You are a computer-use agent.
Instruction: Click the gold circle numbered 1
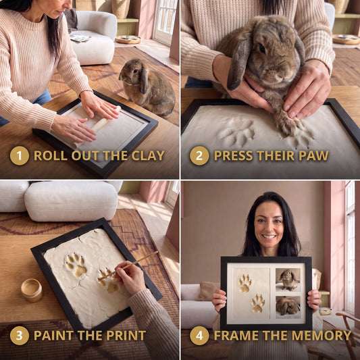click(20, 155)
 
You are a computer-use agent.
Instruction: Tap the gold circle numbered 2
click(199, 155)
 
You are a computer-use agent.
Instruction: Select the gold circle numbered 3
click(20, 336)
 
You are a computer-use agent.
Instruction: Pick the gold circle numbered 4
click(199, 336)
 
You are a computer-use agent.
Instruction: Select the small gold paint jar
click(32, 290)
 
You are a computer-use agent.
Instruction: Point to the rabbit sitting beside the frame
click(147, 87)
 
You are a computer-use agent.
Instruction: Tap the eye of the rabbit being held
click(262, 48)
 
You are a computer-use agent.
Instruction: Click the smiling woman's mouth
click(269, 236)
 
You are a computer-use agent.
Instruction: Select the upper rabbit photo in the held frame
click(288, 280)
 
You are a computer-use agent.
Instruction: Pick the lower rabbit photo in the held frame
click(288, 307)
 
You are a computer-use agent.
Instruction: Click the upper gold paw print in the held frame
click(245, 283)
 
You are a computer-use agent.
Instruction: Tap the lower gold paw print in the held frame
click(258, 303)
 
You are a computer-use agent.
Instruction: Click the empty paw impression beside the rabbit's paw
click(236, 132)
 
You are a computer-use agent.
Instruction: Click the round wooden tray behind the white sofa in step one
click(128, 39)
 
